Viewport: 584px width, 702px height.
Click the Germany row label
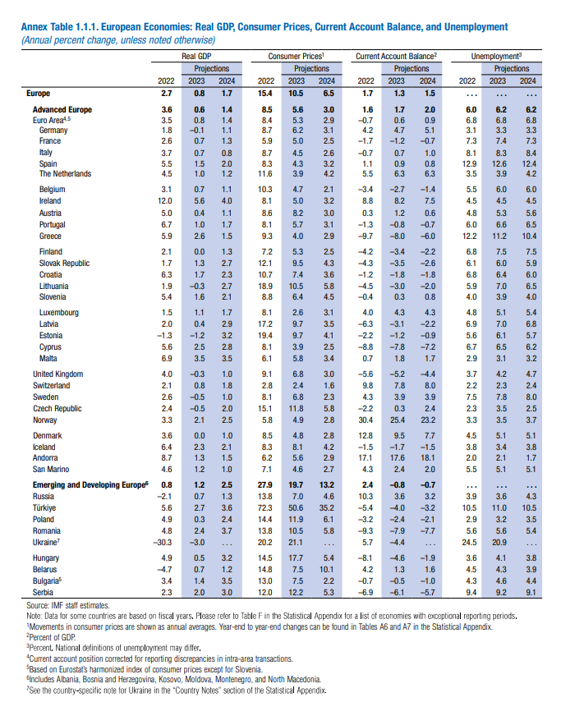[x=53, y=131]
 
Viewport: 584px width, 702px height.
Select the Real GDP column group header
[x=196, y=57]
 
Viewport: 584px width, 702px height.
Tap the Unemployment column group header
[x=496, y=57]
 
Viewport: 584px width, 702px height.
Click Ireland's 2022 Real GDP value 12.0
[x=165, y=201]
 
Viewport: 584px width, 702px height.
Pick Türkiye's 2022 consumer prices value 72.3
[x=265, y=508]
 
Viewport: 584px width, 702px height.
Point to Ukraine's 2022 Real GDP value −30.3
[x=163, y=543]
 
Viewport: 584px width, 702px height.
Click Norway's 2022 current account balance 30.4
[x=366, y=420]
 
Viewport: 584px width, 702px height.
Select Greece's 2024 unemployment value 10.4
[x=529, y=236]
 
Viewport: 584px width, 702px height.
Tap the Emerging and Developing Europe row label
[x=90, y=485]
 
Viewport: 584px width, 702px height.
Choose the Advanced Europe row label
[x=62, y=110]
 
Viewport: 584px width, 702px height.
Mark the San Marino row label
[x=51, y=469]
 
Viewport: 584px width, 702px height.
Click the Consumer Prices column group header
[x=296, y=57]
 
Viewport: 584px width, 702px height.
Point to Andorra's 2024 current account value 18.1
[x=428, y=458]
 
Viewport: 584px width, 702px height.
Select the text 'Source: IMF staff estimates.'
[x=68, y=605]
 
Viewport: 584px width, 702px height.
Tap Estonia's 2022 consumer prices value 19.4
[x=265, y=335]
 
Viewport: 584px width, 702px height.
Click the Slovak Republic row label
[x=65, y=264]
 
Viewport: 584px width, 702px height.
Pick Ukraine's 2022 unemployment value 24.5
[x=469, y=543]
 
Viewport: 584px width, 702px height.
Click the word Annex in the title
[x=34, y=27]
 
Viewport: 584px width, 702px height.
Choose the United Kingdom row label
[x=58, y=374]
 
